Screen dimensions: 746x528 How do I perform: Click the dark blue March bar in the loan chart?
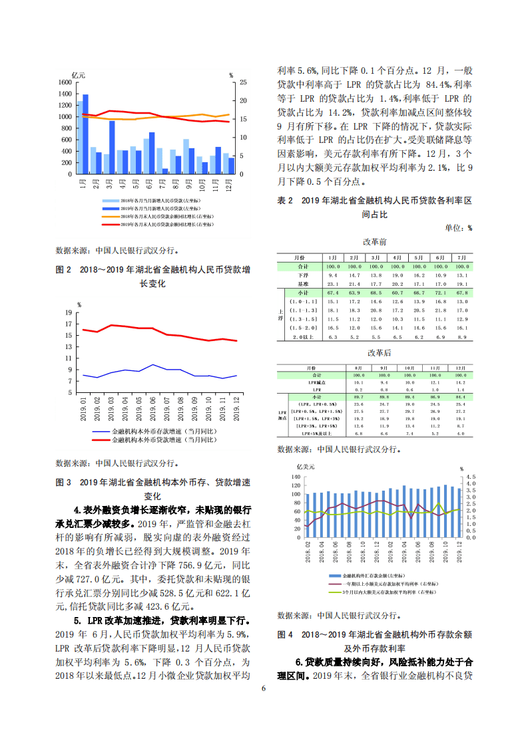(x=112, y=147)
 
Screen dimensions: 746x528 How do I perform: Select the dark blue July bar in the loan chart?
(x=164, y=171)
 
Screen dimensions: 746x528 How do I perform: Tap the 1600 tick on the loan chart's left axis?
(x=65, y=82)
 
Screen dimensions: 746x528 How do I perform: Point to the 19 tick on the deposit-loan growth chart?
(x=68, y=312)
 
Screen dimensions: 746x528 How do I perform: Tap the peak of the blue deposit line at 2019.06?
(x=153, y=364)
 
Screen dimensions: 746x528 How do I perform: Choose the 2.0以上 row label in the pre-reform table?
(x=304, y=337)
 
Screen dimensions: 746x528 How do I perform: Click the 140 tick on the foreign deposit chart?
(x=296, y=477)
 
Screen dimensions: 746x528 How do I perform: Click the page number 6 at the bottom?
(x=264, y=688)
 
